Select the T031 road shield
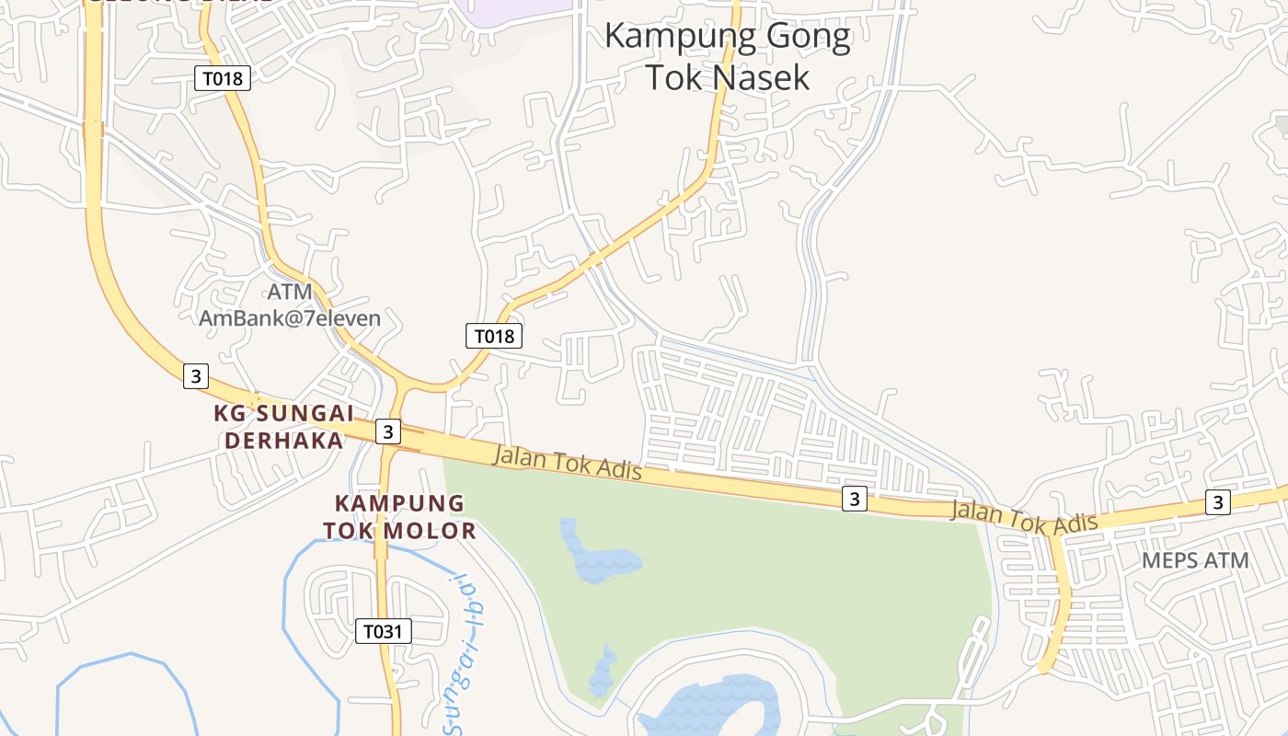point(383,631)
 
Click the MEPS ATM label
point(1195,560)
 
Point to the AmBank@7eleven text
point(290,318)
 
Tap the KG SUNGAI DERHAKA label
point(283,427)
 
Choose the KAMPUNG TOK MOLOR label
point(399,517)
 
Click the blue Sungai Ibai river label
point(468,653)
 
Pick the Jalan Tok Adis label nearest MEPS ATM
point(1024,518)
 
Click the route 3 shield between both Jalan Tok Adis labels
point(855,499)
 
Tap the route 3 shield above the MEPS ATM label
point(1218,502)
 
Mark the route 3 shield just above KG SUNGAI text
point(195,375)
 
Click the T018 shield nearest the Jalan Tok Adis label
point(493,336)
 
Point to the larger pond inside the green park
point(598,556)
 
